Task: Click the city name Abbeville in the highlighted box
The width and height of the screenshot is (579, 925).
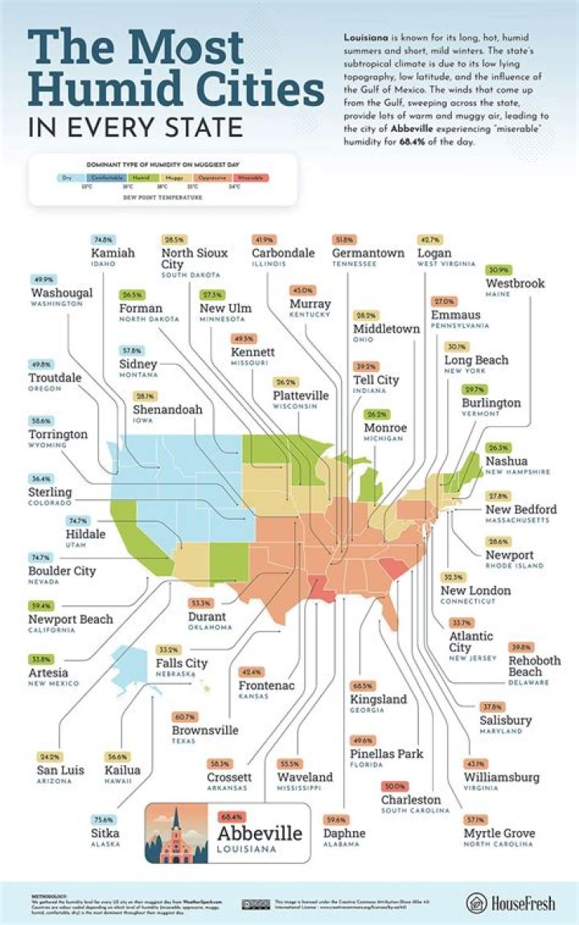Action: (x=260, y=833)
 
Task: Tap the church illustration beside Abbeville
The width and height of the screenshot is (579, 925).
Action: (x=179, y=837)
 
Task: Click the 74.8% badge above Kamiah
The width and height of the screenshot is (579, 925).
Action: (x=102, y=239)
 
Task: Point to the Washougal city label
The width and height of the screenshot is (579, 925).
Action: (x=63, y=293)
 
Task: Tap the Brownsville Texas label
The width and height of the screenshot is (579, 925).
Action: (x=205, y=731)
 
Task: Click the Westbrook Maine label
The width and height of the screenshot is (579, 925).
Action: (x=515, y=284)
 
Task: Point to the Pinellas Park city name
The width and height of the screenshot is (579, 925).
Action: (x=386, y=754)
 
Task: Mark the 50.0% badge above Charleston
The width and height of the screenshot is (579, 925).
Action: (x=396, y=785)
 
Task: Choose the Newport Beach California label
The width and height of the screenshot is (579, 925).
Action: (x=71, y=620)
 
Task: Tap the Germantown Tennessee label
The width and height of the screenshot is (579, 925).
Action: (x=368, y=253)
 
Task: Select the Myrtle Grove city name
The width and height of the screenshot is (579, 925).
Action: (x=499, y=833)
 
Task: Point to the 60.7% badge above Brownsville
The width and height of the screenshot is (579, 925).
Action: (x=185, y=716)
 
